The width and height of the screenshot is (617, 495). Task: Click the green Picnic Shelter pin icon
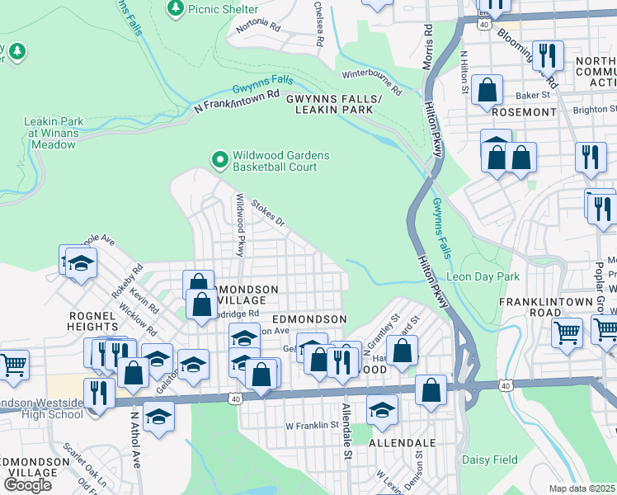coord(175,8)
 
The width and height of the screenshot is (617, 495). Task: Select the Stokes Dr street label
coord(267,211)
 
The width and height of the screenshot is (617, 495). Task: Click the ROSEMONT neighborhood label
coord(524,111)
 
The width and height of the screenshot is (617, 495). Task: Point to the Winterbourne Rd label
coord(372,82)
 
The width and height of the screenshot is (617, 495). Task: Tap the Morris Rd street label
coord(427,40)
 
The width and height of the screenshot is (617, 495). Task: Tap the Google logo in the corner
coord(27,484)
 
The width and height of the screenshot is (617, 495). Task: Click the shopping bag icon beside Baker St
coord(488,91)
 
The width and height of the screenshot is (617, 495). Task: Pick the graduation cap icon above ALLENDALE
coord(382,410)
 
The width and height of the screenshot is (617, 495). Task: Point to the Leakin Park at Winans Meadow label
coord(49,133)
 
